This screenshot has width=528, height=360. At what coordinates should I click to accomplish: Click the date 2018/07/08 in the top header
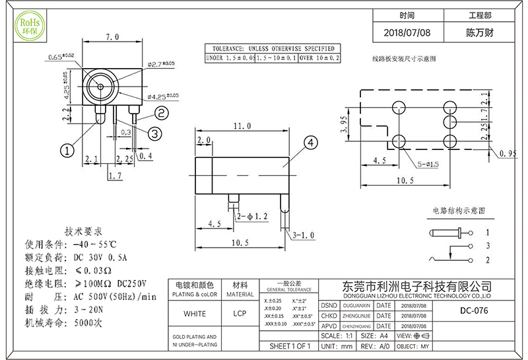tap(407, 32)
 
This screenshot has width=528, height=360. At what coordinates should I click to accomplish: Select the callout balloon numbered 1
tap(67, 151)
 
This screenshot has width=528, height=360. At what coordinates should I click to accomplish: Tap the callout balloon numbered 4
tap(310, 142)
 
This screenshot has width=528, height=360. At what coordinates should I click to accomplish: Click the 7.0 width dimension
tap(112, 37)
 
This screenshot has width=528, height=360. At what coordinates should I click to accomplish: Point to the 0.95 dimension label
tap(507, 154)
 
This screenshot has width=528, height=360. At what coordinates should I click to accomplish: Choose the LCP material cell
tap(240, 313)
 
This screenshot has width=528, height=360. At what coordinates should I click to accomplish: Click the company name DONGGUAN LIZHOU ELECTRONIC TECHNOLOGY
tap(417, 295)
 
